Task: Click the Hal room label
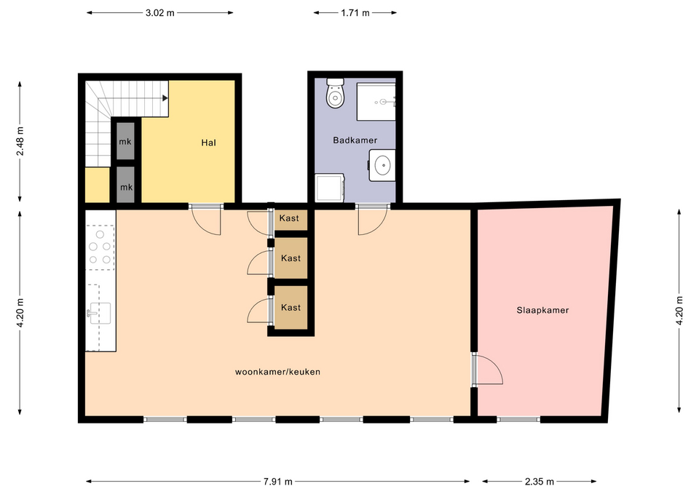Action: (x=209, y=143)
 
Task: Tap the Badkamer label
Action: (x=355, y=140)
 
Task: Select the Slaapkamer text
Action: (x=542, y=310)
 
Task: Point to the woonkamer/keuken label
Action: (x=277, y=372)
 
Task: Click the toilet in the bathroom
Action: (x=335, y=93)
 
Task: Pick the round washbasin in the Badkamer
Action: (x=383, y=165)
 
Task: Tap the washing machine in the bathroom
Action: (x=329, y=188)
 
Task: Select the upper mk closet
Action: (x=125, y=141)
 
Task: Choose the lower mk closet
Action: (x=126, y=185)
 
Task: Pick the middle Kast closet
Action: (x=291, y=258)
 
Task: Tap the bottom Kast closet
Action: (x=291, y=307)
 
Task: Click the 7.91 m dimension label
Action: (x=277, y=482)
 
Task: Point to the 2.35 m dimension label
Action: (x=540, y=482)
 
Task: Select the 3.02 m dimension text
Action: (x=159, y=13)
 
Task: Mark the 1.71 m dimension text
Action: (x=355, y=13)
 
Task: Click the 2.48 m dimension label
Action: (x=20, y=141)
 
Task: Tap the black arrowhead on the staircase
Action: (x=165, y=98)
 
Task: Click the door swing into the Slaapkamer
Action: (x=489, y=369)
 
